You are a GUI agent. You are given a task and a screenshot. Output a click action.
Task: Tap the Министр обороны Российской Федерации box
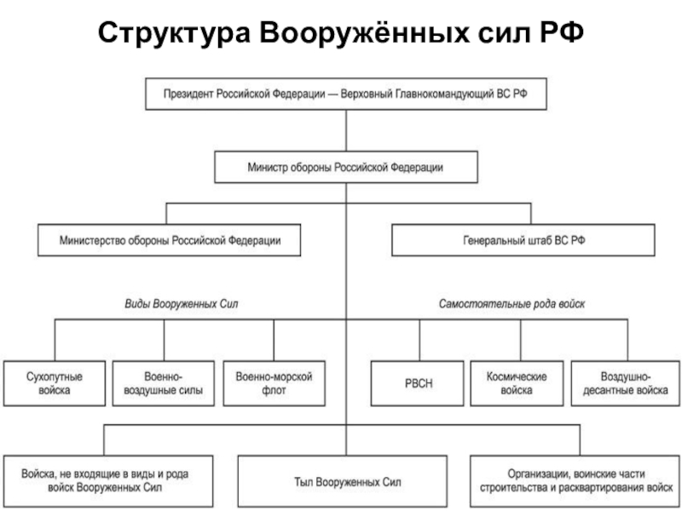point(344,167)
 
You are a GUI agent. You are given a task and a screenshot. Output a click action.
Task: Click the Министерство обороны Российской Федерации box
point(170,240)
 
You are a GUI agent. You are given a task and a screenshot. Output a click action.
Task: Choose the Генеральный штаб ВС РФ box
point(523,240)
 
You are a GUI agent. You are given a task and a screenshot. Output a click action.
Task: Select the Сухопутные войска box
point(55,383)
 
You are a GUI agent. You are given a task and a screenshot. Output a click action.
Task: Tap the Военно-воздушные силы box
point(164,383)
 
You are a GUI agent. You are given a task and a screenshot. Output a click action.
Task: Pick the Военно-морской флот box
point(275,383)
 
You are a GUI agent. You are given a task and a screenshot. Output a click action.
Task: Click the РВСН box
point(419,383)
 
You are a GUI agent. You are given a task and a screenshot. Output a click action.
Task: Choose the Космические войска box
point(517,383)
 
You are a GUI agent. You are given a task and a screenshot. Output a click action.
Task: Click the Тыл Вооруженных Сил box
point(342,482)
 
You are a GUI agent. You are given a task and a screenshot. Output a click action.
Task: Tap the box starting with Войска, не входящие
point(106,482)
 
